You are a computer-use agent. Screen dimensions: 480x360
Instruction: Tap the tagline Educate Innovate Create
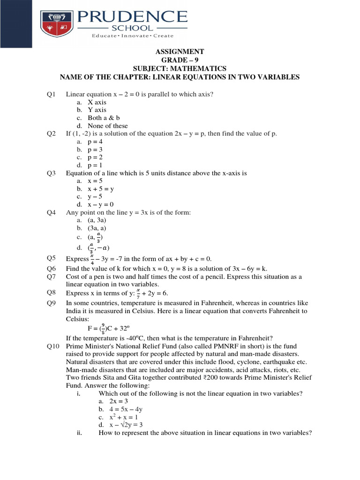[132, 36]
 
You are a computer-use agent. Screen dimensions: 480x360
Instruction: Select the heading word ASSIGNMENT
[180, 52]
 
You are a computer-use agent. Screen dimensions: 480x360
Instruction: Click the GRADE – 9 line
[180, 60]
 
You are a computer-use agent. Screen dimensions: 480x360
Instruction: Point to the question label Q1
[52, 94]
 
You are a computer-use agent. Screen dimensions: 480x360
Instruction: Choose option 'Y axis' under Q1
[97, 110]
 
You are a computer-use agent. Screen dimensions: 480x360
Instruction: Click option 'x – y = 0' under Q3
[101, 204]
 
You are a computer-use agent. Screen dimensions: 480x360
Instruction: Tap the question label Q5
[52, 258]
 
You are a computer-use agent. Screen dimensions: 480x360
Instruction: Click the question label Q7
[52, 277]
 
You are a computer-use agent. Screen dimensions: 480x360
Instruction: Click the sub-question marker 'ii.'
[79, 433]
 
